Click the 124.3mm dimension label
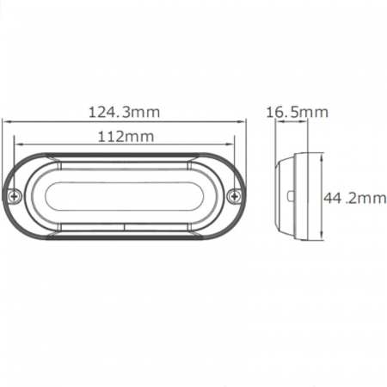[x=126, y=112]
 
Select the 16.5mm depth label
[x=298, y=112]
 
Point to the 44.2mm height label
[x=355, y=198]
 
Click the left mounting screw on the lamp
[x=16, y=196]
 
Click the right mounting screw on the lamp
[x=235, y=197]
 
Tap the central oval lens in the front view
[x=126, y=197]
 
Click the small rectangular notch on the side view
[x=290, y=197]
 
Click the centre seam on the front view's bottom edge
[x=126, y=228]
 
